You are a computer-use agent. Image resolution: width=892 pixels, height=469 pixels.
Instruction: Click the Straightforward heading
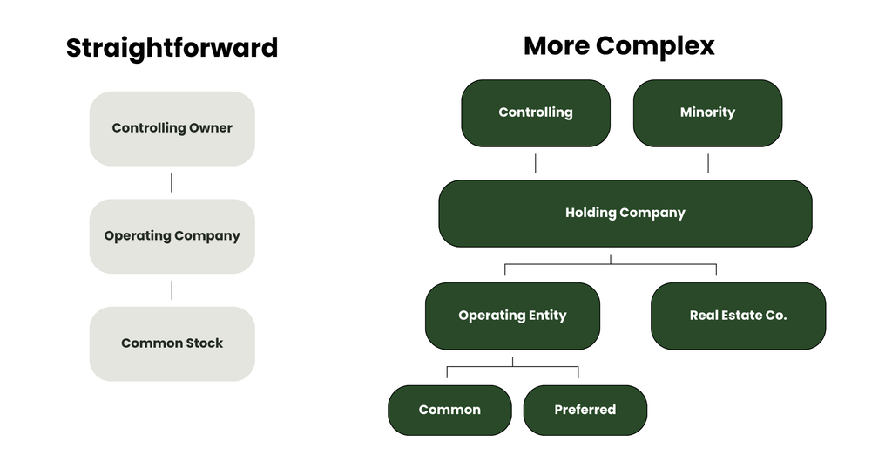tap(172, 48)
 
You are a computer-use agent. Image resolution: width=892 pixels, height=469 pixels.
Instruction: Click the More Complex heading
tap(619, 46)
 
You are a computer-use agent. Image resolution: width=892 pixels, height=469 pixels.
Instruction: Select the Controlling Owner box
tap(172, 129)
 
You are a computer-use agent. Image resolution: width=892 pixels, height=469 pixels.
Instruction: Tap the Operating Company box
tap(172, 236)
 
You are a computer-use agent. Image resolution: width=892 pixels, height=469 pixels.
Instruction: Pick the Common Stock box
tap(172, 343)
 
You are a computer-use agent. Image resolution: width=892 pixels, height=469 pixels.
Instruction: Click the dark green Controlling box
tap(536, 113)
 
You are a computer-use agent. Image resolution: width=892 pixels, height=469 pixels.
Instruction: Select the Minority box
tap(707, 113)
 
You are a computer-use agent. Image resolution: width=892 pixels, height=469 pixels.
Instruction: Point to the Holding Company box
tap(625, 214)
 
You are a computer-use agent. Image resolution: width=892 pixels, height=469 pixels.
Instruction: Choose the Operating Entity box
tap(512, 316)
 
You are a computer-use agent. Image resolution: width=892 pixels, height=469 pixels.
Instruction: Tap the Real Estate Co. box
tap(739, 316)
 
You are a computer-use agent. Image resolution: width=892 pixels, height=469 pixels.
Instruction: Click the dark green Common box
tap(449, 411)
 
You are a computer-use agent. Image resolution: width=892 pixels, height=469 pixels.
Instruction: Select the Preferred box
tap(585, 411)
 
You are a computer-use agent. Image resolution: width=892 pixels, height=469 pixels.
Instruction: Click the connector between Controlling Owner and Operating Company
tap(172, 183)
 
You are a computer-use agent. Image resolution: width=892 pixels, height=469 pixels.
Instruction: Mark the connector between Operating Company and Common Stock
tap(172, 290)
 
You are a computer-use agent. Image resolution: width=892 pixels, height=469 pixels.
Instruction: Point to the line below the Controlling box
tap(536, 163)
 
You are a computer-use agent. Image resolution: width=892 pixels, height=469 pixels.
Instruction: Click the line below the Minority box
tap(707, 163)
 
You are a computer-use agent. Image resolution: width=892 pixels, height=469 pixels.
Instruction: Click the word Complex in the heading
tap(655, 46)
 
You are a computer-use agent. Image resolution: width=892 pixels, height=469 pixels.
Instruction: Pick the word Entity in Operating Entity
tap(547, 316)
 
